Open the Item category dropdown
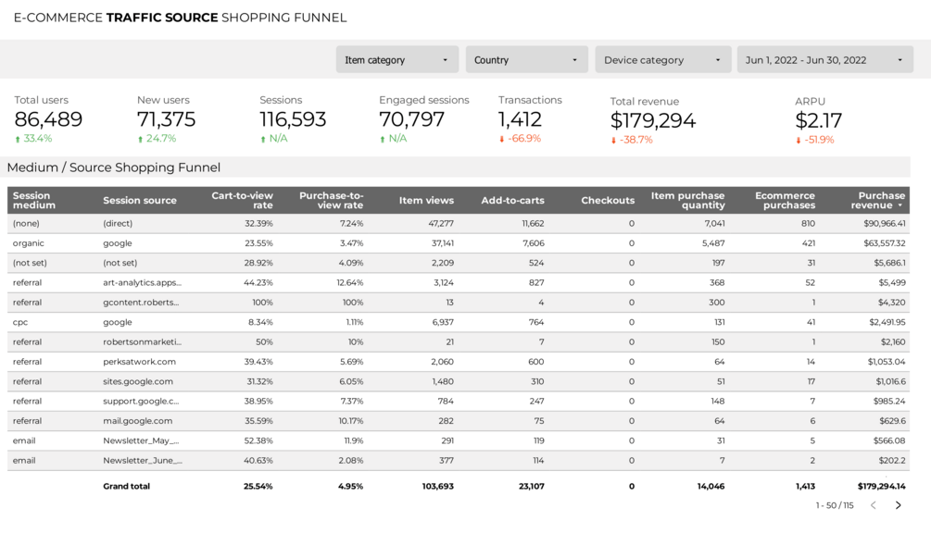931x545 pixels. [397, 60]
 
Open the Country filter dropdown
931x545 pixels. [526, 60]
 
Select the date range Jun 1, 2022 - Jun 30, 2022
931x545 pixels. [824, 60]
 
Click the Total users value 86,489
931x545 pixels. [48, 119]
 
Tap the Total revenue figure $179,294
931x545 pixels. [652, 120]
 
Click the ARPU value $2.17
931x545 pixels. [819, 120]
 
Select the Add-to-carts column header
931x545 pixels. [512, 200]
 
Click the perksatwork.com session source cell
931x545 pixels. [139, 362]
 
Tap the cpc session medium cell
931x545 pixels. [20, 322]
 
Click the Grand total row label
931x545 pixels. [126, 486]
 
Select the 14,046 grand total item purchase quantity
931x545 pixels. [709, 486]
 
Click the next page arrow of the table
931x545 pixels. [898, 505]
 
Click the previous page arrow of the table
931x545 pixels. [873, 505]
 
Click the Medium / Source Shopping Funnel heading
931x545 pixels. [114, 167]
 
